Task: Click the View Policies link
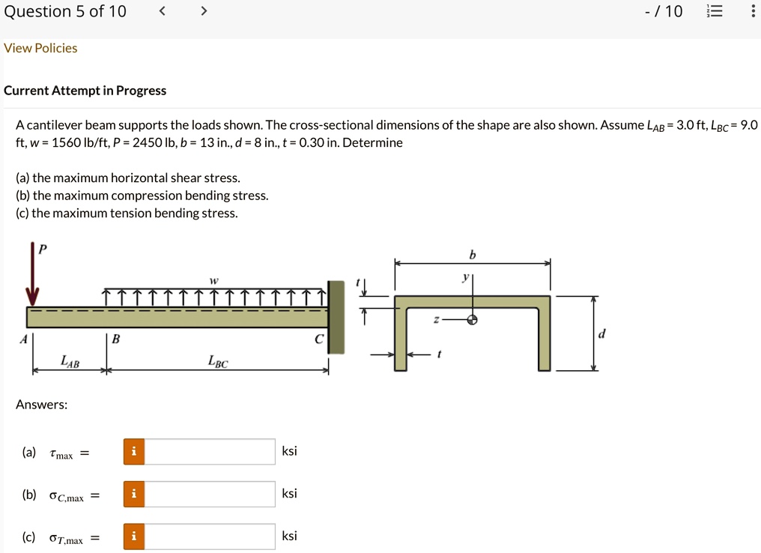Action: pos(40,48)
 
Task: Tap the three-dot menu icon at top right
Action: pos(753,11)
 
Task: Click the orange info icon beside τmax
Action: pos(134,451)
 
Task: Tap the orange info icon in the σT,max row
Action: pos(134,537)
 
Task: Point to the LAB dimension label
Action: pos(70,363)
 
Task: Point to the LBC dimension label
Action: pos(218,363)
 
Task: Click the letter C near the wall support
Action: pos(318,339)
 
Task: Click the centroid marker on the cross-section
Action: pos(473,319)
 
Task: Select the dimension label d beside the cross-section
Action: pos(601,333)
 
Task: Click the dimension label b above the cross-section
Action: pos(472,256)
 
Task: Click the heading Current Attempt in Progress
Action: pos(85,91)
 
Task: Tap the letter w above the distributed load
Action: pos(214,279)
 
